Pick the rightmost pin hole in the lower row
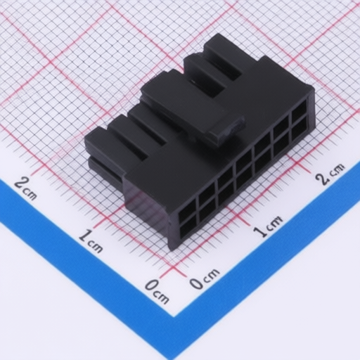300,129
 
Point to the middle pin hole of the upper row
244,160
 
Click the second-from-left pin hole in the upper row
207,192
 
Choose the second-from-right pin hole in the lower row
281,146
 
